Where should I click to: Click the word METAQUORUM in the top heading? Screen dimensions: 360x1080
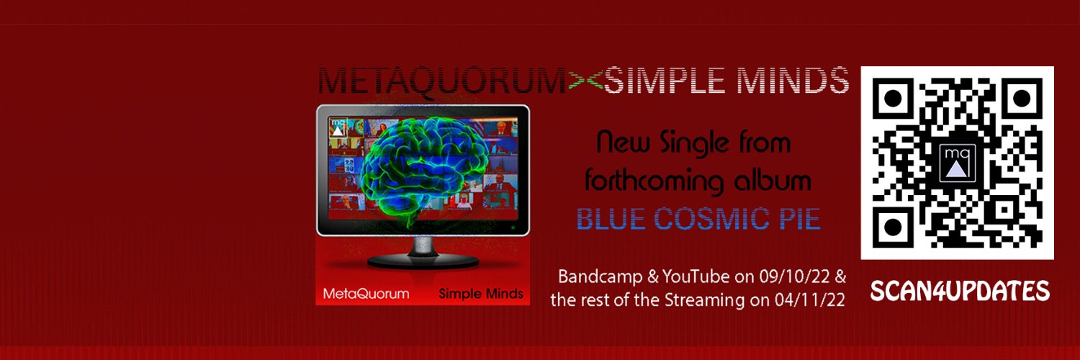click(441, 81)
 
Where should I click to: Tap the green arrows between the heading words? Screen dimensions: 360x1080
click(585, 81)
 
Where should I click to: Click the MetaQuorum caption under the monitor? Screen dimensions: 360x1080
click(366, 294)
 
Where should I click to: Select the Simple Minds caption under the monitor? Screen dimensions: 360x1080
click(481, 294)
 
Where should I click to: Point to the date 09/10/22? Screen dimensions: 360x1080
click(788, 276)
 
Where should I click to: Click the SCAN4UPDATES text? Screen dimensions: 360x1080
click(960, 291)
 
